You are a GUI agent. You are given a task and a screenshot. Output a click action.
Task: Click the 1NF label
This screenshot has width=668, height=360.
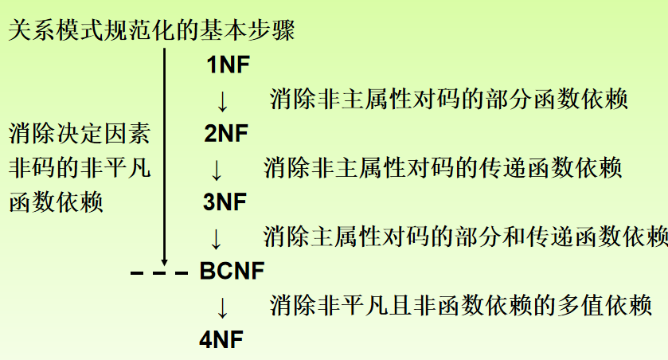click(x=229, y=65)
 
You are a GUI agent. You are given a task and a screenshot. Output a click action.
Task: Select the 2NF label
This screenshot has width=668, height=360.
click(x=226, y=134)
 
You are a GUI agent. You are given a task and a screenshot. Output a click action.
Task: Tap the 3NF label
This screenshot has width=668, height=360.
click(x=226, y=202)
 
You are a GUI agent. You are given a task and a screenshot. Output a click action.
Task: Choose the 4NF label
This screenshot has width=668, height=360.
click(x=222, y=340)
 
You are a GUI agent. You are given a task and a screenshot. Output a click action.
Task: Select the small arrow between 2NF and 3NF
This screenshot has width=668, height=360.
click(x=216, y=169)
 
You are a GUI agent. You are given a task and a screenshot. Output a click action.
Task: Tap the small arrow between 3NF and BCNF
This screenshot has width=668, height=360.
click(x=215, y=237)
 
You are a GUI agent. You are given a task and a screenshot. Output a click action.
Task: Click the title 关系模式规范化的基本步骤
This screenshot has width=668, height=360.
click(x=151, y=31)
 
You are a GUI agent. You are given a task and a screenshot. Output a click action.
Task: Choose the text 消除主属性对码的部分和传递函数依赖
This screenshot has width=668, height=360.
click(x=465, y=237)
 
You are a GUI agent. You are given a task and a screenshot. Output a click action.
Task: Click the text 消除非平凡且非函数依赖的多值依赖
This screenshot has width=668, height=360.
click(x=461, y=305)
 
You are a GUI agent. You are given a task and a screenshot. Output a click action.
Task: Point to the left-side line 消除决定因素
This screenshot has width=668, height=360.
click(x=79, y=133)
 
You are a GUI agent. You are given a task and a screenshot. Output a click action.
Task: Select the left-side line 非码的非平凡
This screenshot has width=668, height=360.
click(x=79, y=168)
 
